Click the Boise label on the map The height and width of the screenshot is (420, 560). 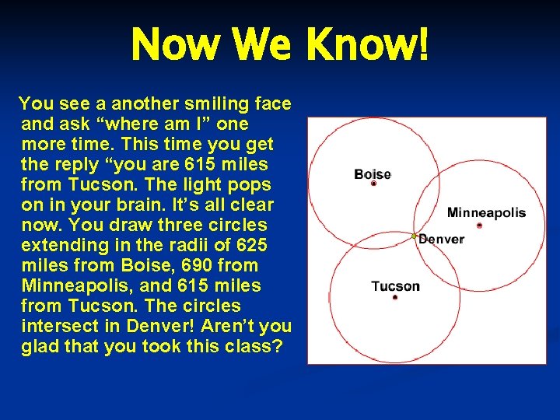click(x=372, y=173)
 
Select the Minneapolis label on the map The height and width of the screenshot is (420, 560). click(x=486, y=212)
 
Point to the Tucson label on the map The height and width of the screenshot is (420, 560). click(x=395, y=285)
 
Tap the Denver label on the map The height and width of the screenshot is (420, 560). click(x=441, y=239)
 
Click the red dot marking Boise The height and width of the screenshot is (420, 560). click(x=373, y=184)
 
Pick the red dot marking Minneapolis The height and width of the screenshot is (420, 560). click(x=479, y=225)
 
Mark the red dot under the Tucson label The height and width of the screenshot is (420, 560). click(x=395, y=297)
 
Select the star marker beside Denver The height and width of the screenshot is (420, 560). click(x=415, y=236)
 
